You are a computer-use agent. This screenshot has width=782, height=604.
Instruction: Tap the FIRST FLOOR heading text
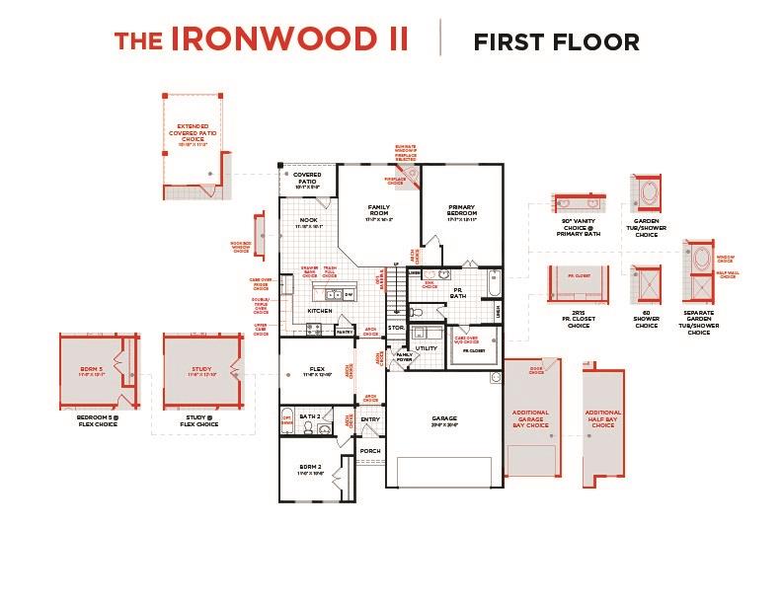point(556,41)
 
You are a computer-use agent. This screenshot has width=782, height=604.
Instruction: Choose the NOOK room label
point(308,220)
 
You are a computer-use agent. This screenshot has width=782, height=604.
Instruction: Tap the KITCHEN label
point(319,311)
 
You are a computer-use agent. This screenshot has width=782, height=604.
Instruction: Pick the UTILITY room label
point(426,348)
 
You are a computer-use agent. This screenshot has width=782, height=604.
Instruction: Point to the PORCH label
point(370,451)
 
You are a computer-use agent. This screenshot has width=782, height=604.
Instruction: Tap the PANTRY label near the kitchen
point(345,333)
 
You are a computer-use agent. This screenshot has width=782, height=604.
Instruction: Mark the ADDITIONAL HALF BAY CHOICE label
point(603,418)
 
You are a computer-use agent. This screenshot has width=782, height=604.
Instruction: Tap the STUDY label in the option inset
point(201,371)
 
